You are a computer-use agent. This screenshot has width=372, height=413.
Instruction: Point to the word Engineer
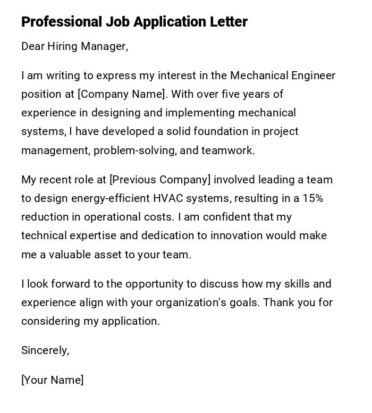tap(314, 75)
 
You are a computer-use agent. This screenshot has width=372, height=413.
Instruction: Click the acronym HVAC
tap(168, 198)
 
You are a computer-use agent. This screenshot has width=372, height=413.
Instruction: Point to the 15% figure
tap(313, 198)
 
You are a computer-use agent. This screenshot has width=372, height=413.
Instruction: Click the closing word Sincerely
tap(45, 350)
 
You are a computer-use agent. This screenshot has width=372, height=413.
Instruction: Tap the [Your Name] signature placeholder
tap(52, 380)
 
